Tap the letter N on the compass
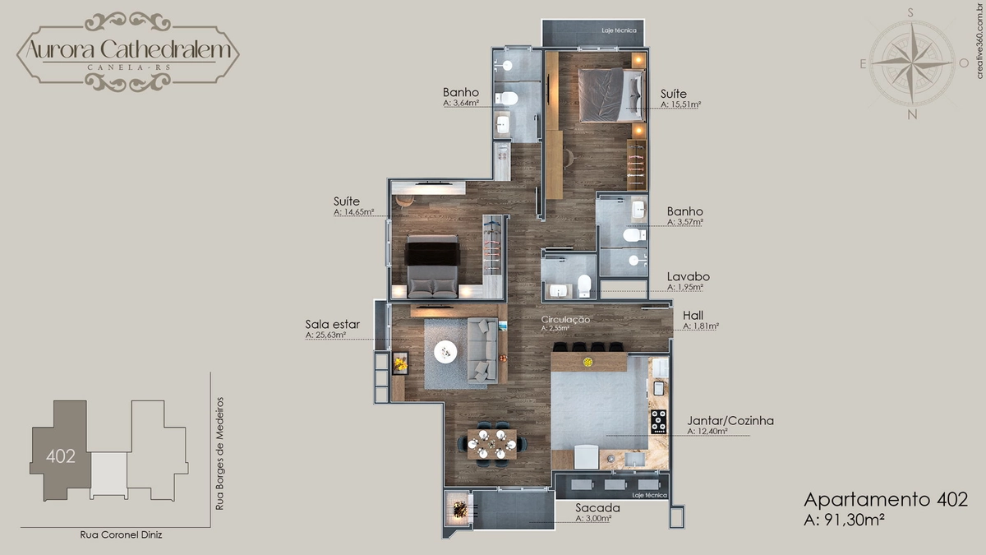point(912,114)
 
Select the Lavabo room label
point(688,276)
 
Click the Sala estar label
point(332,324)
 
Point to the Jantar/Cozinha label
point(730,421)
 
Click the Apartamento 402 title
point(886,500)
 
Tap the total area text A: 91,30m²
point(845,520)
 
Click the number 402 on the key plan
point(61,456)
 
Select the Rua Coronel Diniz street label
point(121,534)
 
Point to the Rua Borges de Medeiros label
point(219,454)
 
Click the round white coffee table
point(445,352)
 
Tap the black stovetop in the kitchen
point(659,422)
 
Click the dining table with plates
point(491,444)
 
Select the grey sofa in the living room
point(482,349)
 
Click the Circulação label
point(565,319)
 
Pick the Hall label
point(693,316)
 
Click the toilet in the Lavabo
point(584,285)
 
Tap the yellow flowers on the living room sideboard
point(401,363)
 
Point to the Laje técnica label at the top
point(619,30)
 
